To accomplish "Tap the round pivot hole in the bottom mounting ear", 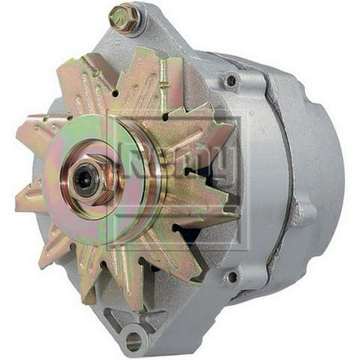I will click(x=134, y=341).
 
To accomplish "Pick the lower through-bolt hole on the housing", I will click(x=232, y=276).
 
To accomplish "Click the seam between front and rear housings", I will click(x=275, y=181).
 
